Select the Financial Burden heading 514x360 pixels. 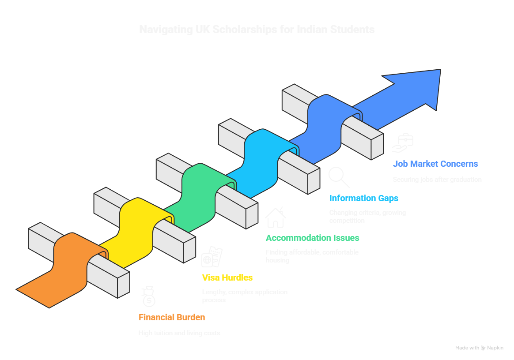pos(172,317)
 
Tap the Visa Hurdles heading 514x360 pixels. pos(227,277)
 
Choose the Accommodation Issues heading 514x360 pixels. pos(312,238)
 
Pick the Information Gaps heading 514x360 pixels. pos(363,198)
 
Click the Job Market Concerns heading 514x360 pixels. pos(435,164)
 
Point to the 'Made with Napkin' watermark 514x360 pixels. pos(479,348)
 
